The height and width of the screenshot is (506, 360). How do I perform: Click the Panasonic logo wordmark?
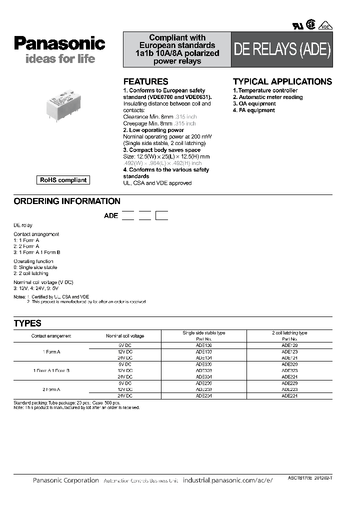(59, 43)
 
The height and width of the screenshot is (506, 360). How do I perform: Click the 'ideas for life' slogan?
(53, 59)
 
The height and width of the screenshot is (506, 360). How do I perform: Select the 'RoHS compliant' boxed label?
(63, 180)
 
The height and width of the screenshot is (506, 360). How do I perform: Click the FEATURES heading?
(145, 81)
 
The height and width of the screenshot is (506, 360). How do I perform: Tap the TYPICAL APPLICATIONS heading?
(282, 81)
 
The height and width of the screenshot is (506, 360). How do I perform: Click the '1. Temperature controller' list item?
(265, 90)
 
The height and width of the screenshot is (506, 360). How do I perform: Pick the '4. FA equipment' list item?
(253, 110)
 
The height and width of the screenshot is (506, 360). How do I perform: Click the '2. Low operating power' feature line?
(153, 130)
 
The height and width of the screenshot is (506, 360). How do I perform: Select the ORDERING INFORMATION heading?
(66, 201)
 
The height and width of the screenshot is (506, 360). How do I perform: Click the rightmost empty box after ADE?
(161, 216)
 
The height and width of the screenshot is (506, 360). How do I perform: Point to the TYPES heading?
(27, 323)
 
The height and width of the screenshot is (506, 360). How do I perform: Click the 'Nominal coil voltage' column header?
(125, 336)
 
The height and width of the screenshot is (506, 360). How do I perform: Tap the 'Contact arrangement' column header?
(51, 336)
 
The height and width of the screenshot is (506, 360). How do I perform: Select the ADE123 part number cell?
(289, 352)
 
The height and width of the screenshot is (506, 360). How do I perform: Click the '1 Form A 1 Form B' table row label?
(51, 370)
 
